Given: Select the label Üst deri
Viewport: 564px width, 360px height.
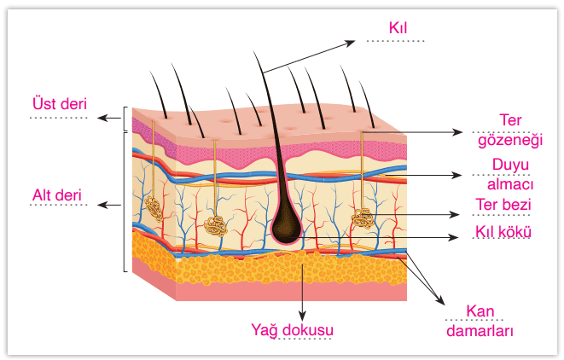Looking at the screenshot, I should (x=59, y=102).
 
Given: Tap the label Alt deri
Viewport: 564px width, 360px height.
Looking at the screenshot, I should (x=57, y=195).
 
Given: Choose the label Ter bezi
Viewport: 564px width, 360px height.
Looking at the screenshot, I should (x=503, y=205).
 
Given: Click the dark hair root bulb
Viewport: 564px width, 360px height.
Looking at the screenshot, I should (x=285, y=226).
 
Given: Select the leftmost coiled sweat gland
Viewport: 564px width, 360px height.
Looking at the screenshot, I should (x=154, y=207).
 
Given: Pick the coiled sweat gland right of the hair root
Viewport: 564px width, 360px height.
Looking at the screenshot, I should (x=363, y=218).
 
